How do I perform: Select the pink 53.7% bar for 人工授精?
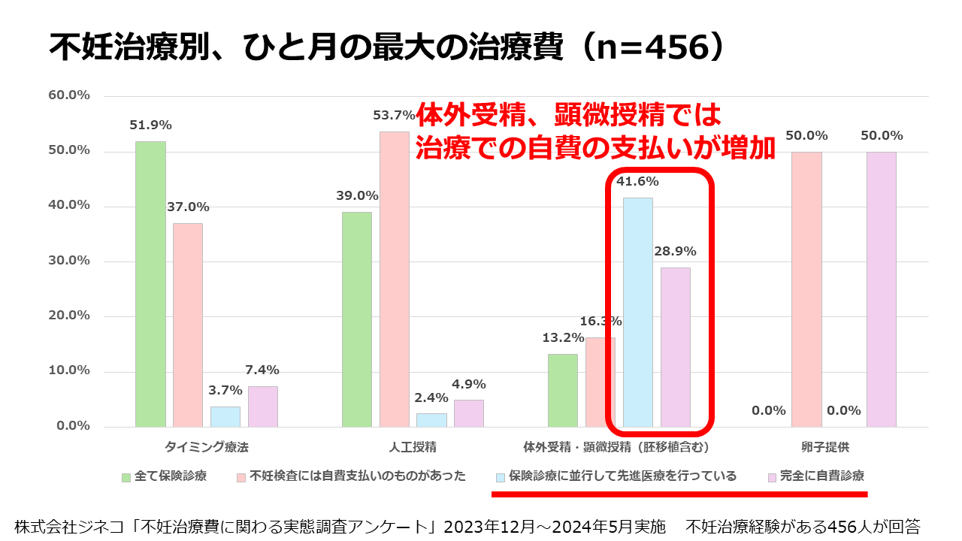pyautogui.click(x=394, y=279)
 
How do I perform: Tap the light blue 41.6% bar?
pyautogui.click(x=637, y=312)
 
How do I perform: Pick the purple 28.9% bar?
pyautogui.click(x=675, y=347)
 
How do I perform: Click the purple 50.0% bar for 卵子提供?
pyautogui.click(x=881, y=289)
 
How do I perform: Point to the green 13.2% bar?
pyautogui.click(x=562, y=390)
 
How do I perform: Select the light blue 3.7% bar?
pyautogui.click(x=225, y=416)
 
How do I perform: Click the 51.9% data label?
pyautogui.click(x=150, y=125)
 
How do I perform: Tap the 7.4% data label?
pyautogui.click(x=262, y=370)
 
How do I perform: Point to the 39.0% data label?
pyautogui.click(x=357, y=195)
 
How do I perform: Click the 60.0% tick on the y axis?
pyautogui.click(x=69, y=95)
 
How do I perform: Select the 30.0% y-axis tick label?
pyautogui.click(x=69, y=261)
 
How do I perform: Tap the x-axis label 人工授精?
pyautogui.click(x=413, y=447)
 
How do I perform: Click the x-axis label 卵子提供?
pyautogui.click(x=824, y=447)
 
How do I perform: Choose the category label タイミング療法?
pyautogui.click(x=206, y=447)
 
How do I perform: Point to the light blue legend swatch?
pyautogui.click(x=500, y=477)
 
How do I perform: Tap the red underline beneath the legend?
pyautogui.click(x=679, y=494)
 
